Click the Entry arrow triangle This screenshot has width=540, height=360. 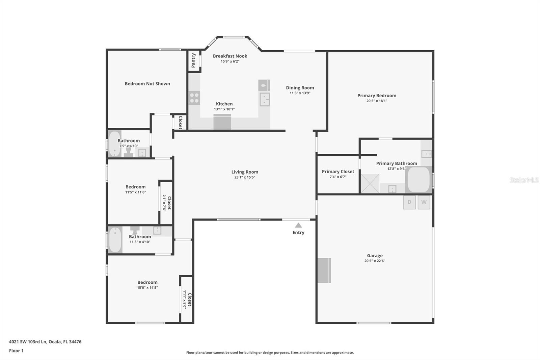(298, 225)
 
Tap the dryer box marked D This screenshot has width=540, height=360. (409, 202)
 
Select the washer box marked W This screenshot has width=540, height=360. (424, 202)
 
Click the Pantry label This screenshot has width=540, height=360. (193, 60)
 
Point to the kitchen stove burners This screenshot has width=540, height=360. (194, 98)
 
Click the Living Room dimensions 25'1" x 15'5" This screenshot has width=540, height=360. (245, 177)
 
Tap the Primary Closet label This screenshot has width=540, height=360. (338, 172)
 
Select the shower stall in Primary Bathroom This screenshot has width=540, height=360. (370, 183)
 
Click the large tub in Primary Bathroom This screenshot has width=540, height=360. (418, 180)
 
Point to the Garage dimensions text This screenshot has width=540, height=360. (375, 261)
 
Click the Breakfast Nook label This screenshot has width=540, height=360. (230, 56)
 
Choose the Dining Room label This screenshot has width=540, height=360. (300, 88)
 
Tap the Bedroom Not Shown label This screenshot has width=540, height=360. (147, 84)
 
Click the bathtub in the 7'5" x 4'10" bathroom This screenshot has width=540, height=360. (114, 144)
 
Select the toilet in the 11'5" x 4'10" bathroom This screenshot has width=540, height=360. (135, 230)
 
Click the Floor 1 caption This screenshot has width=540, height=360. (16, 351)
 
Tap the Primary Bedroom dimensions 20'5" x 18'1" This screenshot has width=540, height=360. (377, 101)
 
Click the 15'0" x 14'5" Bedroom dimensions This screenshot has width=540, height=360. (147, 288)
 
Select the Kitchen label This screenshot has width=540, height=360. (224, 104)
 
